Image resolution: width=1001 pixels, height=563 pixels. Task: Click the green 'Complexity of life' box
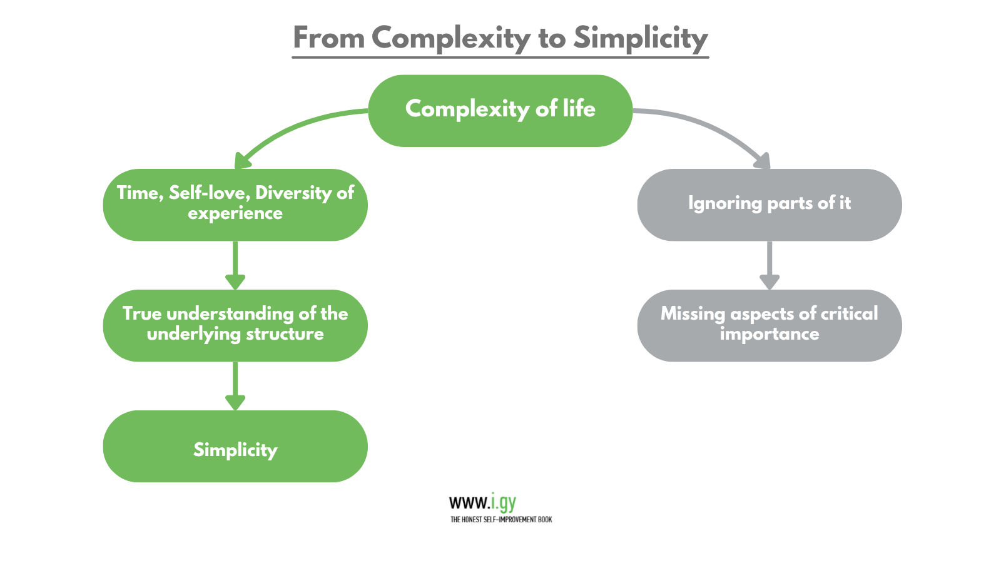coord(500,111)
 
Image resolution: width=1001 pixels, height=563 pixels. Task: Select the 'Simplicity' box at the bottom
coord(235,446)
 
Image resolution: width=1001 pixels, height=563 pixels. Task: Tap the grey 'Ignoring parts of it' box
coord(769,205)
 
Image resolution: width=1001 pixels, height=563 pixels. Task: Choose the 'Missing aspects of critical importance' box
coord(769,325)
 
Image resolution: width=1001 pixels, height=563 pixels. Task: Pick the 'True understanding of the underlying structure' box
coord(235,325)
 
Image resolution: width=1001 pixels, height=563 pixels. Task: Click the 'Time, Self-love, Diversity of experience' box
coord(235,205)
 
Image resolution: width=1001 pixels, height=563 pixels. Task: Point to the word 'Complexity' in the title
coord(450,38)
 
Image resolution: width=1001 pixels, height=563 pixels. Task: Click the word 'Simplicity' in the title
coord(641,38)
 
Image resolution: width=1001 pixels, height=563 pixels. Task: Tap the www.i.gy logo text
coord(482,502)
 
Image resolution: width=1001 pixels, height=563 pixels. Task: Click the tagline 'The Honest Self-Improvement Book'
coord(501,519)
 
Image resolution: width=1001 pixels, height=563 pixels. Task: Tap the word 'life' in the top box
coord(579,109)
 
